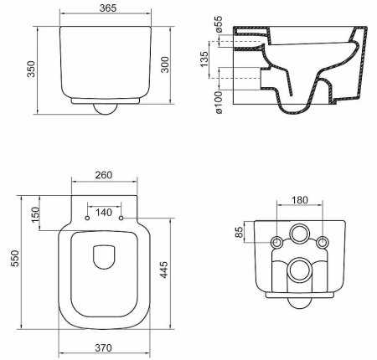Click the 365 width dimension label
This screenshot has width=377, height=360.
pos(106,9)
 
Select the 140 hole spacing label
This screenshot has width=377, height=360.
pos(104,213)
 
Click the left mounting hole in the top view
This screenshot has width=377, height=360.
pos(87,219)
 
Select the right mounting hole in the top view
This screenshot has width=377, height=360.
pos(121,219)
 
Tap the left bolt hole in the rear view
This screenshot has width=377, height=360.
pos(277,242)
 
